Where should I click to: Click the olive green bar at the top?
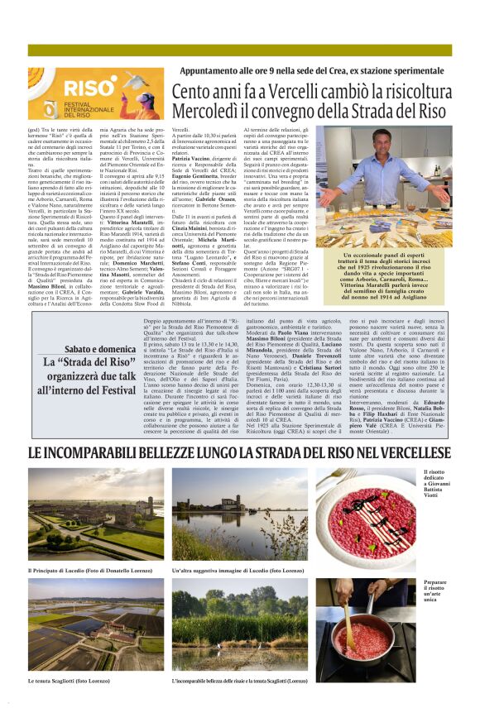click(x=240, y=50)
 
